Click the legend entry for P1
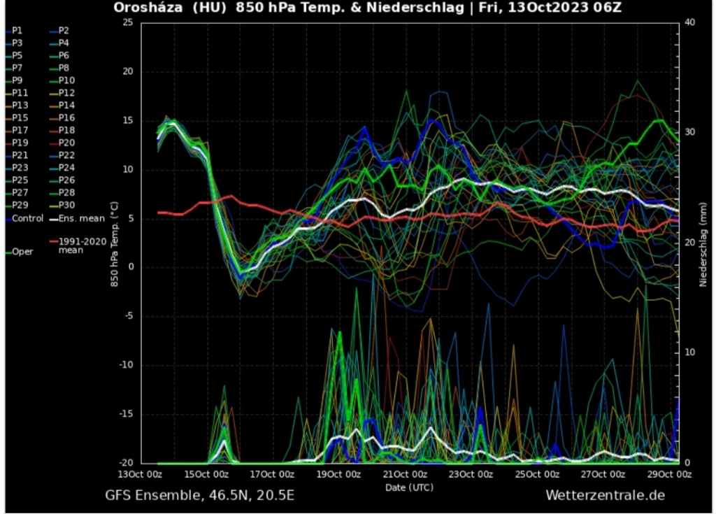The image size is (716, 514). point(17,31)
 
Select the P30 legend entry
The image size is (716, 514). point(66,206)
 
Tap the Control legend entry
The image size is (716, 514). point(27,218)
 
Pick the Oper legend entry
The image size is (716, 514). point(22,252)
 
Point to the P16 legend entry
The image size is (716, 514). point(66,117)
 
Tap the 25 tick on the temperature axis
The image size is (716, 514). point(127,22)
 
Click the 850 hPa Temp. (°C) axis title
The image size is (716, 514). point(114,242)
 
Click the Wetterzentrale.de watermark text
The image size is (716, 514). point(605,496)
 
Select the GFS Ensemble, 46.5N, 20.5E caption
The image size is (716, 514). point(199,496)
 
